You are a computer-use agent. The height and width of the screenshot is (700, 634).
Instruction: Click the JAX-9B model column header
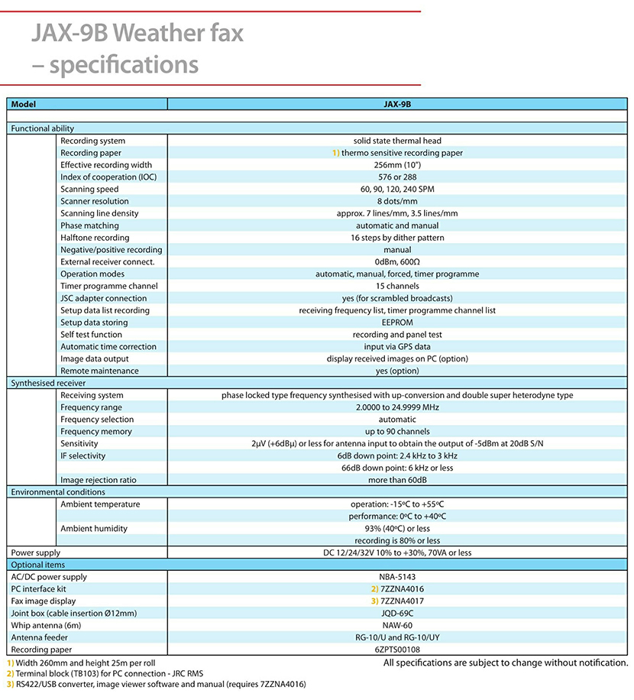[397, 104]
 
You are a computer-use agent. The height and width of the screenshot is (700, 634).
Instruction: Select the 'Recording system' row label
[92, 141]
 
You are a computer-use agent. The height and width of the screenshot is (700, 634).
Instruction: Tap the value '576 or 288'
[397, 177]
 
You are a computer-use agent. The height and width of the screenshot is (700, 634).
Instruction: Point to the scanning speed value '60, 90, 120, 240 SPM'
[397, 190]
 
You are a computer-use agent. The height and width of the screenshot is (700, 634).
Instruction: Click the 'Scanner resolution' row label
[95, 202]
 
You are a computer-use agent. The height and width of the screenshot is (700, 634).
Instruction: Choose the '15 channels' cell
[397, 287]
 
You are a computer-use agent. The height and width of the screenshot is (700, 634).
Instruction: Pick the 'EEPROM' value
[397, 322]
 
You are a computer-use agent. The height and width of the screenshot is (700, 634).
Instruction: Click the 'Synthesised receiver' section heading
[48, 383]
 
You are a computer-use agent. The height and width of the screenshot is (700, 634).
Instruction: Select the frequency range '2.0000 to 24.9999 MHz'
[397, 407]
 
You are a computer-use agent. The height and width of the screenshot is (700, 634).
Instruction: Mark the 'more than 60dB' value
[397, 480]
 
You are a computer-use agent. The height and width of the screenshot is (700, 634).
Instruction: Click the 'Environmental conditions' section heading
[58, 492]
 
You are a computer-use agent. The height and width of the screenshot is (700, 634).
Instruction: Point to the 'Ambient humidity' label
[94, 529]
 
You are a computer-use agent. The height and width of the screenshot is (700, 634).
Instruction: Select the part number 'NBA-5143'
[397, 577]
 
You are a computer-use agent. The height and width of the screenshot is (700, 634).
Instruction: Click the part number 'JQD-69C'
[397, 613]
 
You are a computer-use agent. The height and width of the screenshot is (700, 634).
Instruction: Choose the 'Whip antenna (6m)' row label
[47, 625]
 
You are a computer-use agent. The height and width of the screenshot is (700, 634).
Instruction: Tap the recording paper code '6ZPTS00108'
[397, 650]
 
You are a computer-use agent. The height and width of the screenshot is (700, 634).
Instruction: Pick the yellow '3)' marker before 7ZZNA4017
[374, 601]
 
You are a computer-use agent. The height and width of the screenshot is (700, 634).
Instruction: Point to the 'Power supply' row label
[35, 553]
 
